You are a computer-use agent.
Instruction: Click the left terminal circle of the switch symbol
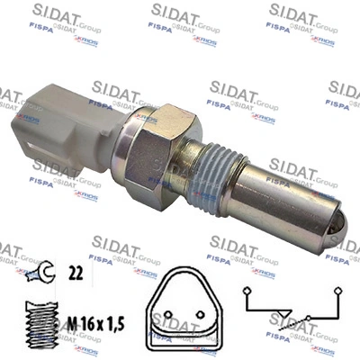pyautogui.click(x=248, y=291)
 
